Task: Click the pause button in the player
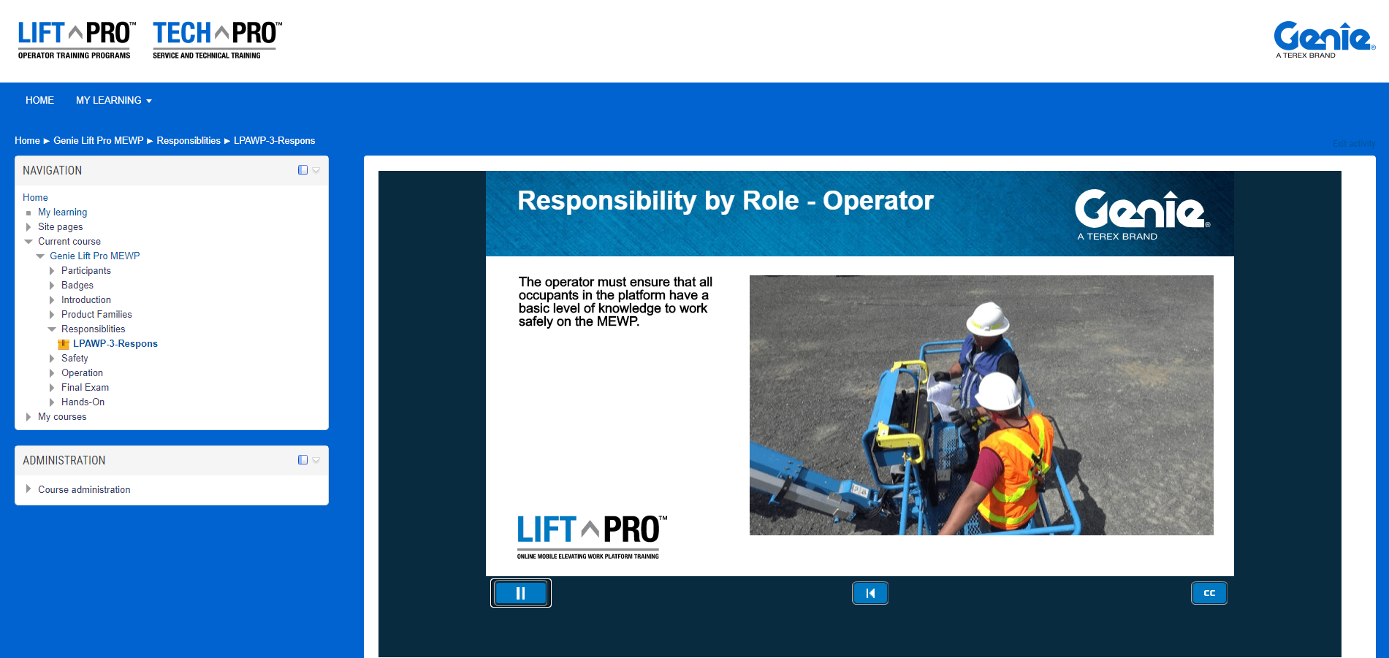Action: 520,593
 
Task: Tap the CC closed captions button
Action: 1209,593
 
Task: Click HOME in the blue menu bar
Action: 39,100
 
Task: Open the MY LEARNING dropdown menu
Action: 113,100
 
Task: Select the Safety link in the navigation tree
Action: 75,358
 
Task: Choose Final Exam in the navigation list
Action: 85,387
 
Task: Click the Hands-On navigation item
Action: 83,402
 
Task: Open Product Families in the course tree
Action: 96,314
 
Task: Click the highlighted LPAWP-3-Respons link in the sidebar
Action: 115,343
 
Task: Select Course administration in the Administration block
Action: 84,489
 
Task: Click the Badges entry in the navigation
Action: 77,285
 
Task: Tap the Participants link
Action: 86,270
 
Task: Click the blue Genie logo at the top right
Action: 1324,39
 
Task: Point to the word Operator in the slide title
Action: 878,201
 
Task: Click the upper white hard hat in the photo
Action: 988,319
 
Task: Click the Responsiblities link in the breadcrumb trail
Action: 189,140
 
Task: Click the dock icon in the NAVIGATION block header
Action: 302,170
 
